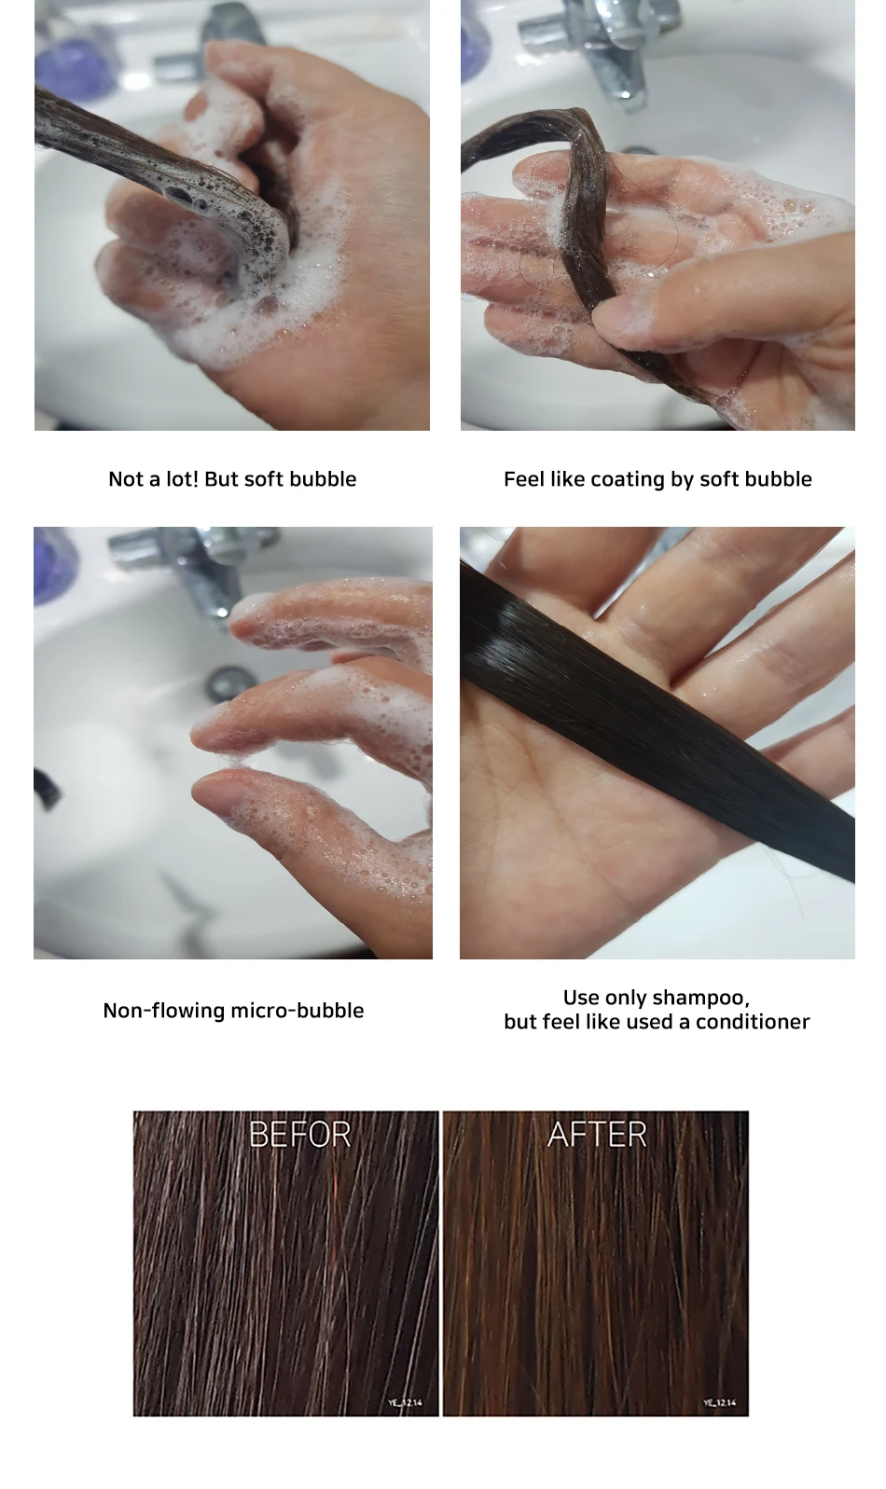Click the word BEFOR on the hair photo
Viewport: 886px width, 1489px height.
point(299,1134)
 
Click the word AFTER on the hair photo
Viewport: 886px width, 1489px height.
point(597,1134)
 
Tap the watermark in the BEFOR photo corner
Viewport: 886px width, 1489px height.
point(405,1403)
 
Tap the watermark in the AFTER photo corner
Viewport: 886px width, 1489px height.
point(720,1403)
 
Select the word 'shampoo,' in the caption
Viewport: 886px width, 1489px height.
point(701,999)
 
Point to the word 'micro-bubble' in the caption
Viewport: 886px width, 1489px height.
point(298,1011)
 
